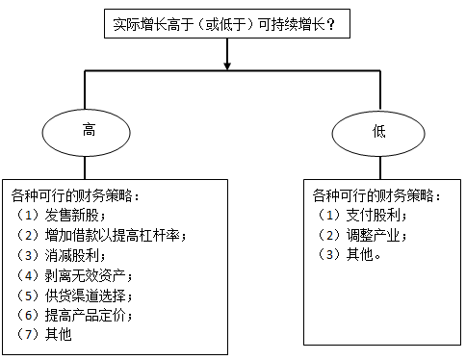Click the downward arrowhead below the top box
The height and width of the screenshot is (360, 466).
pyautogui.click(x=227, y=65)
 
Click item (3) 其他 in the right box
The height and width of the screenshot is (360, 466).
pyautogui.click(x=354, y=254)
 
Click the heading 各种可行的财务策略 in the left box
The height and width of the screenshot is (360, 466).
pyautogui.click(x=80, y=195)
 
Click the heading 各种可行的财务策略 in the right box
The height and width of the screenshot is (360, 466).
pyautogui.click(x=379, y=195)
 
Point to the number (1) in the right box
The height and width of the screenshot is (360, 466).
pyautogui.click(x=329, y=215)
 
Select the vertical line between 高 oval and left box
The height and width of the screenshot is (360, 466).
pyautogui.click(x=88, y=166)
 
